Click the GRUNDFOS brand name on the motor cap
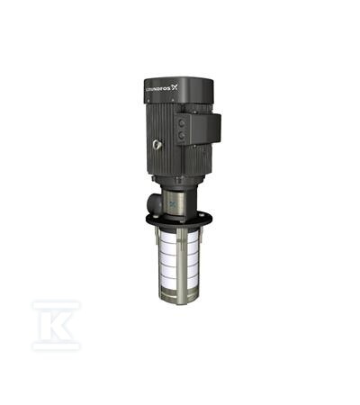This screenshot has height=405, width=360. point(158,89)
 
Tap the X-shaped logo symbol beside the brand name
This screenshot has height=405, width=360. point(175,87)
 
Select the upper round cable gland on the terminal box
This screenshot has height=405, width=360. point(182,122)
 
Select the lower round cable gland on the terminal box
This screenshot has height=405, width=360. point(182,136)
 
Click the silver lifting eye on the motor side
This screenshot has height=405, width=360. point(157,146)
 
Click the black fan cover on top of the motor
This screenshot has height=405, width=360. point(178,90)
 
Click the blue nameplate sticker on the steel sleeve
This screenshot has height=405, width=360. point(173,205)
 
